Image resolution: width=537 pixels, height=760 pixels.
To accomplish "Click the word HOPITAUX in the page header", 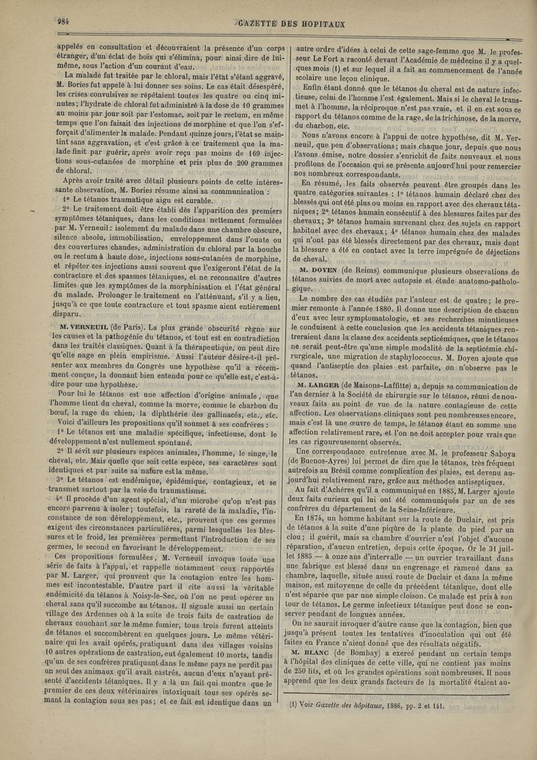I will coord(315,23).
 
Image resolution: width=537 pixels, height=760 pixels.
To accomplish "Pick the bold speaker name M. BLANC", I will coord(319,651).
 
